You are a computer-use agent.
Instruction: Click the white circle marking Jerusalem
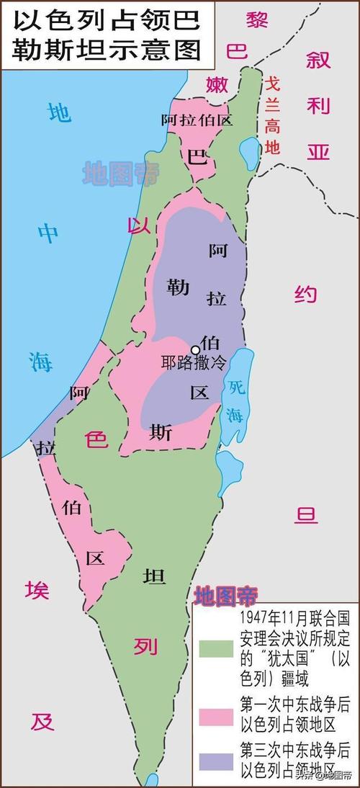point(194,349)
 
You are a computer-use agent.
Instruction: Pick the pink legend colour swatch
point(215,716)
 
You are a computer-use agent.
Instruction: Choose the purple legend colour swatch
point(215,762)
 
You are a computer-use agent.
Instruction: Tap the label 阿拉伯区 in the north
point(197,120)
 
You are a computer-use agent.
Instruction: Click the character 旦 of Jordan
point(307,516)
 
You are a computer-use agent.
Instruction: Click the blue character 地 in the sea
point(59,114)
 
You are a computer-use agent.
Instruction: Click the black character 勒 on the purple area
point(177,286)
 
